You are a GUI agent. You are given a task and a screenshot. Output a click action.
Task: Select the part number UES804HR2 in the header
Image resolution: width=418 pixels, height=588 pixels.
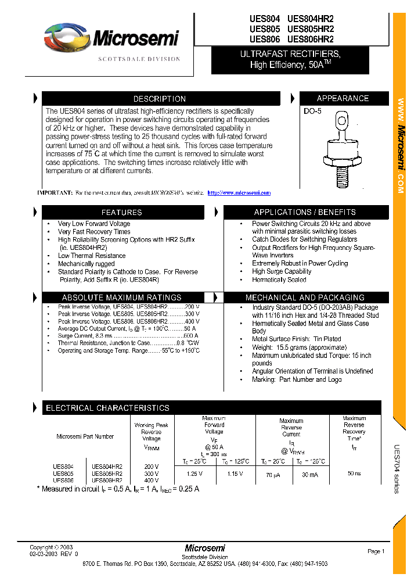pyautogui.click(x=311, y=18)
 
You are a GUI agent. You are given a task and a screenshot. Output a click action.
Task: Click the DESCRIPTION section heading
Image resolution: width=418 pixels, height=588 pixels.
pyautogui.click(x=160, y=99)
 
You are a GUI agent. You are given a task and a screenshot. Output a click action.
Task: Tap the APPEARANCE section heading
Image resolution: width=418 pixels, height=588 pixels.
pyautogui.click(x=343, y=98)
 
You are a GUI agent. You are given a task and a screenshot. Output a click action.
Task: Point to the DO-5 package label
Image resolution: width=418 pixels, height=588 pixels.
pyautogui.click(x=312, y=111)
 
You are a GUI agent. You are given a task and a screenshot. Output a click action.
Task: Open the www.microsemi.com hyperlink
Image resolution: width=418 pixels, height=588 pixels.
pyautogui.click(x=239, y=193)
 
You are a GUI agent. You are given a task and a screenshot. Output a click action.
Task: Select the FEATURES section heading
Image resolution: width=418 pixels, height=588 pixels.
pyautogui.click(x=122, y=213)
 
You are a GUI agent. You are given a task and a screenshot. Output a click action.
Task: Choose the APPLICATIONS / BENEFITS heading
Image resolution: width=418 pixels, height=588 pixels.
pyautogui.click(x=305, y=213)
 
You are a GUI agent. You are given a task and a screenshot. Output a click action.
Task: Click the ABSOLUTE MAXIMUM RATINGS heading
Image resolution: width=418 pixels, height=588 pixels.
pyautogui.click(x=122, y=297)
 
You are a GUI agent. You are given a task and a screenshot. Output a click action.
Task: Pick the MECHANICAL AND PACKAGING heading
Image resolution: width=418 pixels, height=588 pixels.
pyautogui.click(x=305, y=297)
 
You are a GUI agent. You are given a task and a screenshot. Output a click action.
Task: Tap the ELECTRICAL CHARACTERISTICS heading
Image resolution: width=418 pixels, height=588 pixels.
pyautogui.click(x=108, y=408)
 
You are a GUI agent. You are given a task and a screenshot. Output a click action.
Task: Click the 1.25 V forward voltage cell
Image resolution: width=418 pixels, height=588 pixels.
pyautogui.click(x=195, y=474)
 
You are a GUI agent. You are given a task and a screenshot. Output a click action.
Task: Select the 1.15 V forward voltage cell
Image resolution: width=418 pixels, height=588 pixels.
pyautogui.click(x=235, y=474)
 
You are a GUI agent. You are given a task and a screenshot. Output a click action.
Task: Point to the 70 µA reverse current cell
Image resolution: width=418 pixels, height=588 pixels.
pyautogui.click(x=273, y=475)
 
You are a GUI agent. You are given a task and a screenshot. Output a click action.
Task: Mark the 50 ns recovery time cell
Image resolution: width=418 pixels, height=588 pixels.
pyautogui.click(x=354, y=474)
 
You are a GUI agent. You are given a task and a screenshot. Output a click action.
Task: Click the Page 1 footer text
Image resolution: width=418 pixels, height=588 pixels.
pyautogui.click(x=376, y=551)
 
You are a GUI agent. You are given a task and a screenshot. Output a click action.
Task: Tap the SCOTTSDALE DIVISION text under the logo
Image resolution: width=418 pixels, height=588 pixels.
pyautogui.click(x=139, y=59)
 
